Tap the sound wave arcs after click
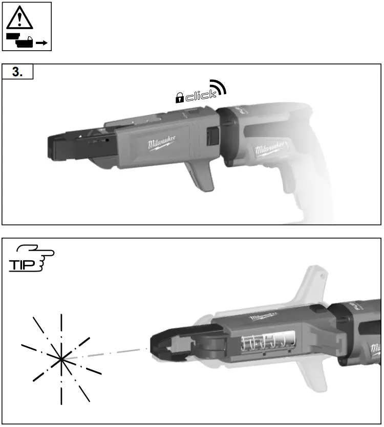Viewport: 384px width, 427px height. (219, 88)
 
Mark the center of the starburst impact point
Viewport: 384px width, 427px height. (61, 358)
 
